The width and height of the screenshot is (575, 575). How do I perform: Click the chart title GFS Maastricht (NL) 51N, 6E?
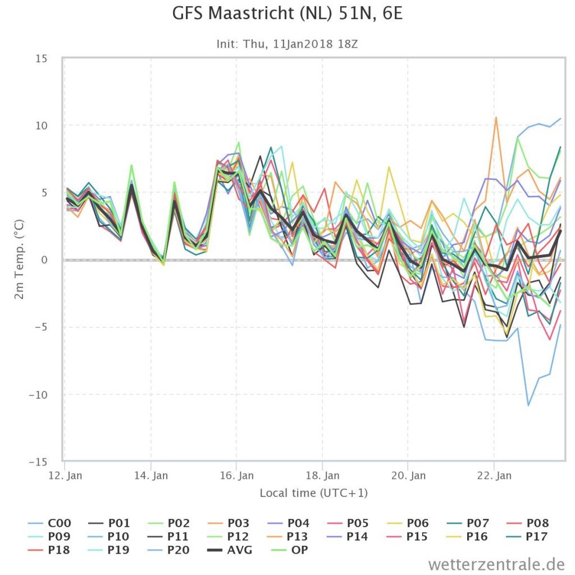pyautogui.click(x=287, y=13)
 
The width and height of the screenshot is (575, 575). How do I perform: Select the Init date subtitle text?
pyautogui.click(x=287, y=44)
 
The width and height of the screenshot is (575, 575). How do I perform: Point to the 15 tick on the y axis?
pyautogui.click(x=42, y=58)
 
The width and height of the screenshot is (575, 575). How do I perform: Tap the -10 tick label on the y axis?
pyautogui.click(x=38, y=395)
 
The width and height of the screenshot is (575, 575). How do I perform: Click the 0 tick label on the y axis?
pyautogui.click(x=44, y=260)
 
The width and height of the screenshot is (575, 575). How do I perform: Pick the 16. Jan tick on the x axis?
pyautogui.click(x=236, y=476)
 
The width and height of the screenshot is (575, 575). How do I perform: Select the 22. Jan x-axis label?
pyautogui.click(x=494, y=476)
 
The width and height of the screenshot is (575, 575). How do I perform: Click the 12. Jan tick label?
pyautogui.click(x=65, y=476)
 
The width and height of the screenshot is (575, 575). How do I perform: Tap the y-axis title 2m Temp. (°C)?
pyautogui.click(x=19, y=259)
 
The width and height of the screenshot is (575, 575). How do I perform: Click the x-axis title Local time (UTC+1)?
pyautogui.click(x=313, y=493)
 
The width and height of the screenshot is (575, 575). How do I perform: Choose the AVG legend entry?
pyautogui.click(x=230, y=550)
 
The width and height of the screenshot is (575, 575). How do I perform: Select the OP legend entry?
pyautogui.click(x=290, y=550)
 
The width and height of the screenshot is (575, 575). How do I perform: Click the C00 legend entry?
pyautogui.click(x=49, y=523)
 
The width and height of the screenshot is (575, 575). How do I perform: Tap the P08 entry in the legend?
pyautogui.click(x=527, y=523)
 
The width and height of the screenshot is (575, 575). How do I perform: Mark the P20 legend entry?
pyautogui.click(x=168, y=550)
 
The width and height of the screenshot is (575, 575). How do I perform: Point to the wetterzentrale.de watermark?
pyautogui.click(x=496, y=564)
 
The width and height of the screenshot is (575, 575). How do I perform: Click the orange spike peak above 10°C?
pyautogui.click(x=496, y=117)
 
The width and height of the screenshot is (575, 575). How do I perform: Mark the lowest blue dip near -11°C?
pyautogui.click(x=528, y=405)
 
